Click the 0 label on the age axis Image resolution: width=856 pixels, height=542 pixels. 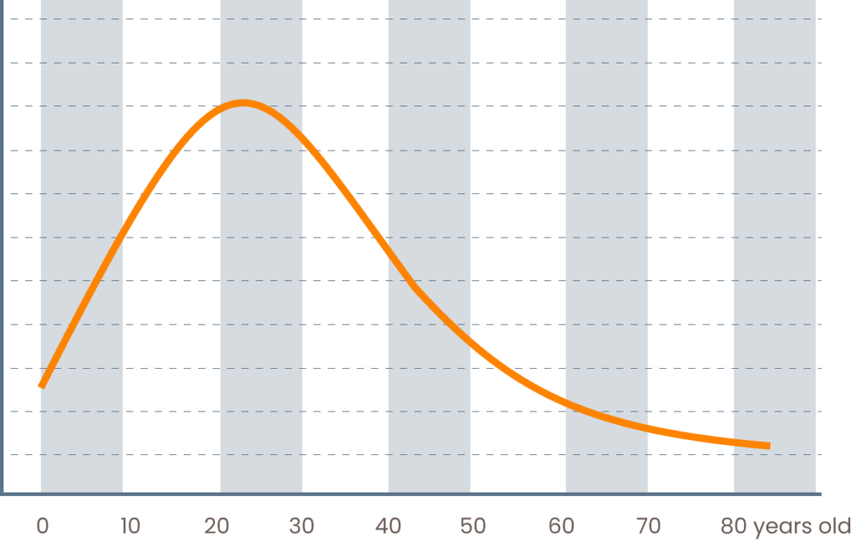click(42, 526)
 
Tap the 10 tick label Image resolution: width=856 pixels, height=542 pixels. click(130, 526)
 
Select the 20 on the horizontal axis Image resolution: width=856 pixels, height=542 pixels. click(217, 526)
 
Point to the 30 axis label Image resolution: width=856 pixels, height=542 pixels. click(302, 526)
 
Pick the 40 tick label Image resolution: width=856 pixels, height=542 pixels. click(388, 526)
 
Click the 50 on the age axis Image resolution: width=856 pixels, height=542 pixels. click(472, 526)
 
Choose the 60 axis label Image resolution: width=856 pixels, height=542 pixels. click(562, 526)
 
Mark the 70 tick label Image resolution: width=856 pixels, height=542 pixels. click(648, 526)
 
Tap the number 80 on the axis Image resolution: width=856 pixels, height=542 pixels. click(734, 526)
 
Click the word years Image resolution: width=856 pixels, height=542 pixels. click(781, 527)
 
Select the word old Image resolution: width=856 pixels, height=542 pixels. click(833, 526)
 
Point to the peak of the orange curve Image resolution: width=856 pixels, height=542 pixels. click(243, 103)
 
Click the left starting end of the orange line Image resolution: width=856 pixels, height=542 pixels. click(40, 386)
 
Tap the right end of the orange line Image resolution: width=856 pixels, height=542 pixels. click(767, 446)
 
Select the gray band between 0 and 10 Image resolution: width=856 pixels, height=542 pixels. click(81, 251)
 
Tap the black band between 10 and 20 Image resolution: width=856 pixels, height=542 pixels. click(171, 335)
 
